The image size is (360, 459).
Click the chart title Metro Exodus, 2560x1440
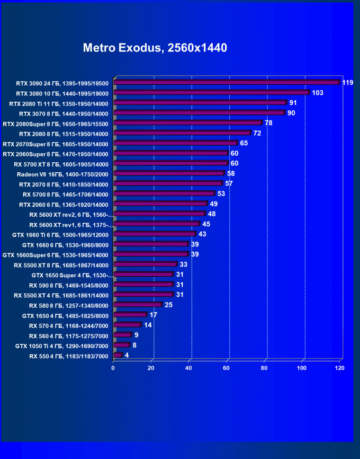155,48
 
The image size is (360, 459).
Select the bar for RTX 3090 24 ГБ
226,82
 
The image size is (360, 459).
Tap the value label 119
348,83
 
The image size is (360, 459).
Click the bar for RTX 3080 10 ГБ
211,93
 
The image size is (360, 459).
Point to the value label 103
317,93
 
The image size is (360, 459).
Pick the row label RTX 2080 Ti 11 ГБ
59,104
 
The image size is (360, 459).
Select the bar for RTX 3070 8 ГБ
199,113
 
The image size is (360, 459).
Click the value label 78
268,123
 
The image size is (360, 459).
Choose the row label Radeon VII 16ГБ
63,174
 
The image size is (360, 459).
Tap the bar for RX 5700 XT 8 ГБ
171,163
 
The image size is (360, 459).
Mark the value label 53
221,194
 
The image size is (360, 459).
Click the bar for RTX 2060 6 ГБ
160,204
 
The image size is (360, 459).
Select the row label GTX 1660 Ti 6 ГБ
60,235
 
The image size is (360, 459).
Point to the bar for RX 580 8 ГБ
137,305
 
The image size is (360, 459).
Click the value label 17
153,315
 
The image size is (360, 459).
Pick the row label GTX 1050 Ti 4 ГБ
62,346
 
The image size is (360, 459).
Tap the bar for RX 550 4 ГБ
117,355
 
